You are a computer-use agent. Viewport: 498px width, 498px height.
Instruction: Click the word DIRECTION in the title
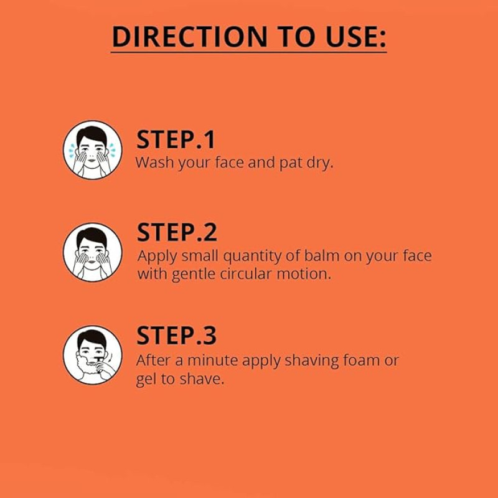pos(190,37)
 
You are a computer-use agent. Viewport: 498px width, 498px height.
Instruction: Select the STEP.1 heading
pos(176,139)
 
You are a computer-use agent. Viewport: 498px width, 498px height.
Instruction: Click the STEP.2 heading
pos(177,232)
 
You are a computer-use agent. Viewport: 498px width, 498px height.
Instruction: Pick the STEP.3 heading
pos(177,336)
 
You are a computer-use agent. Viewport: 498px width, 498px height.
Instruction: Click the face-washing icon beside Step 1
pos(92,150)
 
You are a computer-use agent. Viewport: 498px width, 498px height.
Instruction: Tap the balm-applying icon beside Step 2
pos(92,252)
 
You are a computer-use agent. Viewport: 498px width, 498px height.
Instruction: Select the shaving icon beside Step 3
pos(92,355)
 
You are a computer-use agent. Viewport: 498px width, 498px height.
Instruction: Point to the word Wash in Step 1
pos(154,162)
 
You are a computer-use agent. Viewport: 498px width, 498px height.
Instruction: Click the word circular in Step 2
pos(245,274)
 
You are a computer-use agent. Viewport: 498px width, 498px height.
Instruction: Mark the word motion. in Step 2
pos(304,274)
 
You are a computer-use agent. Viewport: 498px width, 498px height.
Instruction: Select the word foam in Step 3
pos(362,360)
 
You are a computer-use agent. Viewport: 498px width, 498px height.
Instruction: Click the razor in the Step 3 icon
pos(99,362)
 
